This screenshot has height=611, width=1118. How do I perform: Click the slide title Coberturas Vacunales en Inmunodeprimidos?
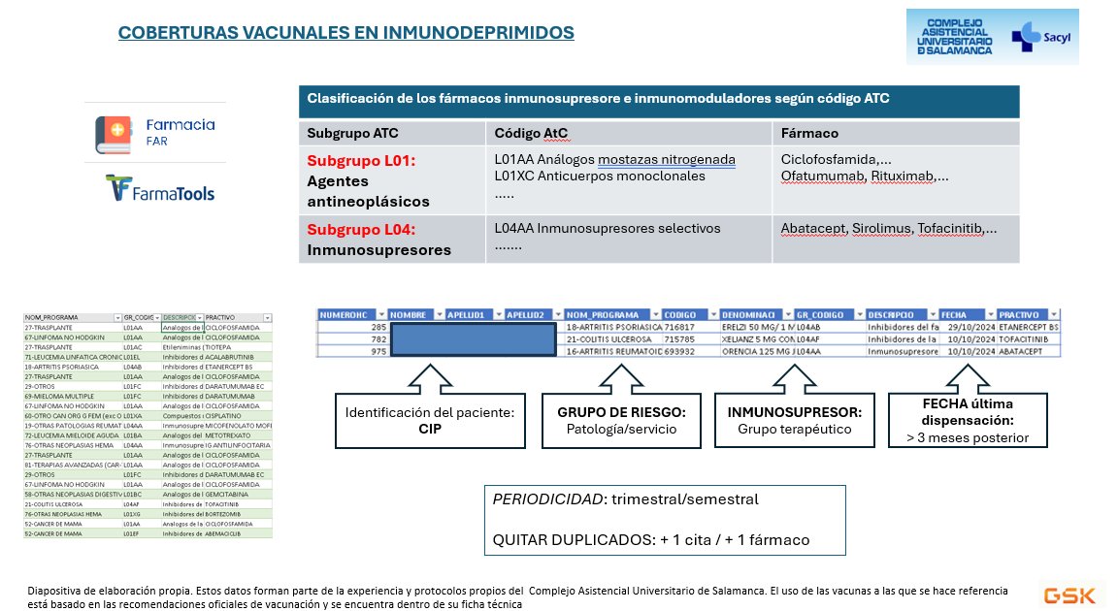click(345, 33)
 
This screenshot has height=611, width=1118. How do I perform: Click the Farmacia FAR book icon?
click(113, 133)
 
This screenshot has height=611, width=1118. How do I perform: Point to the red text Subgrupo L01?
click(361, 161)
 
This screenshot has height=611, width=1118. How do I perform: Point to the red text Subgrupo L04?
click(361, 230)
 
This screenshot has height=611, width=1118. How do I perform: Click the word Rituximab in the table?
click(902, 176)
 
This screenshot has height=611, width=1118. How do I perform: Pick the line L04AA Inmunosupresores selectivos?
click(608, 228)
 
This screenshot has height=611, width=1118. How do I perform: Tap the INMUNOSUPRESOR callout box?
click(789, 420)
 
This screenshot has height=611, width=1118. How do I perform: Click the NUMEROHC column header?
click(350, 314)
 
